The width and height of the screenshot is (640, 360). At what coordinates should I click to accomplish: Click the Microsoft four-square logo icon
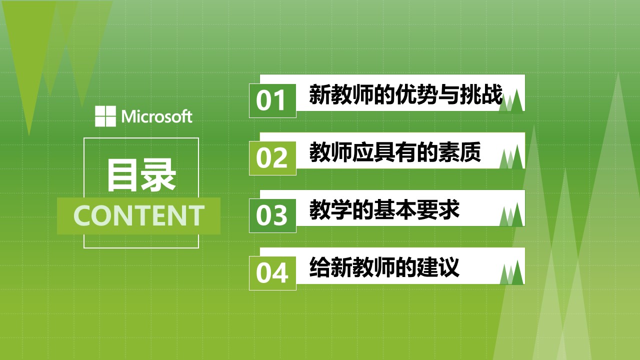[x=105, y=116]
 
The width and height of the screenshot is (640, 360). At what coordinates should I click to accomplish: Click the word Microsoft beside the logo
[x=157, y=116]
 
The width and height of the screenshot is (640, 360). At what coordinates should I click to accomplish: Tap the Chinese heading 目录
[x=141, y=175]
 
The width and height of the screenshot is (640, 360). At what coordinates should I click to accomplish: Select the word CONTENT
[x=139, y=215]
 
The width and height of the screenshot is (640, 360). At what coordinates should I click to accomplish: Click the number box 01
[x=272, y=100]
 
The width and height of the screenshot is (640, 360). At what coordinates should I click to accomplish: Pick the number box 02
[x=272, y=158]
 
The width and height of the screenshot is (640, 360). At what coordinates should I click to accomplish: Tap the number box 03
[x=272, y=215]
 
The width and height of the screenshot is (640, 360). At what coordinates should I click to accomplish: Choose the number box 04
[x=272, y=273]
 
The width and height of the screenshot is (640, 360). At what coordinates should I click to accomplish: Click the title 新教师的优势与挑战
[x=405, y=94]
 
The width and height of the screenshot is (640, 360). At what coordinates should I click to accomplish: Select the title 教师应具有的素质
[x=395, y=152]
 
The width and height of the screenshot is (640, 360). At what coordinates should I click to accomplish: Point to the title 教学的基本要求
[x=384, y=209]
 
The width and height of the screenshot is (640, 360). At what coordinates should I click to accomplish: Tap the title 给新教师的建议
[x=384, y=267]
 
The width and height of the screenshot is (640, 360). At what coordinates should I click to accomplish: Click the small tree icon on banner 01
[x=511, y=101]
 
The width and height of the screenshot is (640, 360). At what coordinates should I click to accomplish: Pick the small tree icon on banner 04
[x=511, y=272]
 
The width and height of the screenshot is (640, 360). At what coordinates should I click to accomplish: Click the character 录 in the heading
[x=159, y=175]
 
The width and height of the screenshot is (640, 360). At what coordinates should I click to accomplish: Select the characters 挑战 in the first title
[x=481, y=94]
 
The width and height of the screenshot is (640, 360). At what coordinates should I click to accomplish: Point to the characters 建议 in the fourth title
[x=438, y=267]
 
